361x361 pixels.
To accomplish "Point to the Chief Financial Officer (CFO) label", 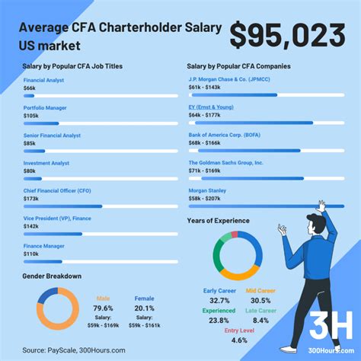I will point(58,190).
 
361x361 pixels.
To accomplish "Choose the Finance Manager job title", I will point(43,244).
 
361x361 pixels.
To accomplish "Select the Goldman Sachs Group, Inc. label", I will point(226,163).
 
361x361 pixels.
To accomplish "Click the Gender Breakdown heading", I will point(52,276).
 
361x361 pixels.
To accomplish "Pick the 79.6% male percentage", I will point(104,308).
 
